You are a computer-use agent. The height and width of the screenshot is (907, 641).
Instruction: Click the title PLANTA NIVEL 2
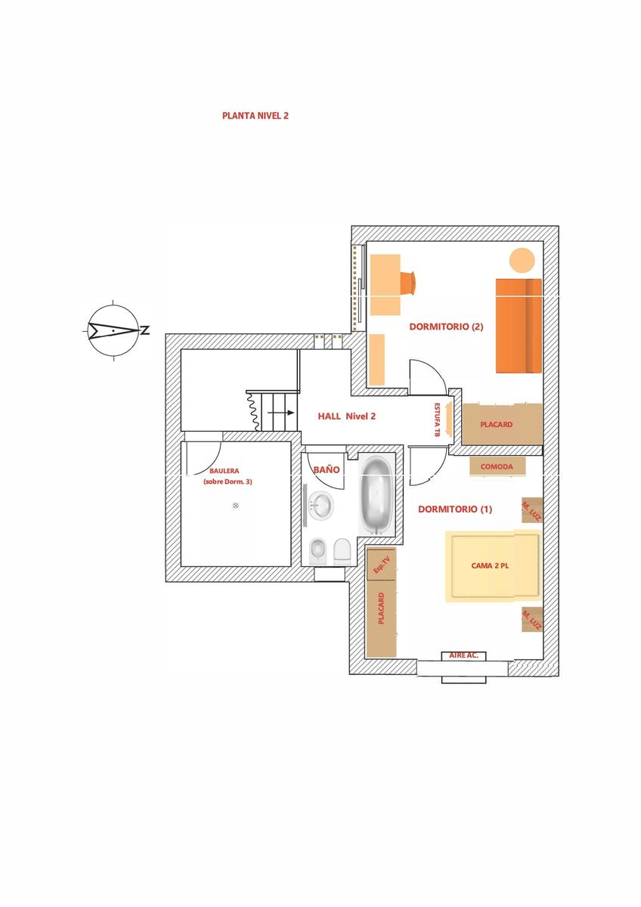[x=255, y=116]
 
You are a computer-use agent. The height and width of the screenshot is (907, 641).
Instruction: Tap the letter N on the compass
[x=145, y=330]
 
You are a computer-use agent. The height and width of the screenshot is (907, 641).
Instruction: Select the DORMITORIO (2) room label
[x=446, y=327]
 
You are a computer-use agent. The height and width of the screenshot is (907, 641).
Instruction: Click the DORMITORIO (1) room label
[x=455, y=509]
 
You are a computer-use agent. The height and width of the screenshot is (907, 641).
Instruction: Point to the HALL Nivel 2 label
[x=347, y=416]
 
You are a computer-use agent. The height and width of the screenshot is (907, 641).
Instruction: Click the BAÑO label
[x=327, y=469]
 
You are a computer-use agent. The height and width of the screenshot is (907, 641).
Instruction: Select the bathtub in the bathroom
[x=376, y=495]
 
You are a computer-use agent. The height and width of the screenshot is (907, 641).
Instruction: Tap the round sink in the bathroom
[x=320, y=505]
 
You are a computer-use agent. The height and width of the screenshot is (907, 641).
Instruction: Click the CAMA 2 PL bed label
[x=490, y=565]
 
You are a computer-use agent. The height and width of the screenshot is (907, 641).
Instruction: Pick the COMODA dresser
[x=497, y=466]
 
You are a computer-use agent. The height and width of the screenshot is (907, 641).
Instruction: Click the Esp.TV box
[x=381, y=564]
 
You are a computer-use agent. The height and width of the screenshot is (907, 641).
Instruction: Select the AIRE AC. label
[x=463, y=655]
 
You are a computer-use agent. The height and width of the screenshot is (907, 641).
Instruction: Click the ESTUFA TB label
[x=437, y=419]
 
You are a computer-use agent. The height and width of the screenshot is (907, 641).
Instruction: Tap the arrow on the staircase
[x=280, y=413]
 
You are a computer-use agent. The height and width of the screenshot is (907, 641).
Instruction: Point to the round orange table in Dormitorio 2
[x=522, y=261]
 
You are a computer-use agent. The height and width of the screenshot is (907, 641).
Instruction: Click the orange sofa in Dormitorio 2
[x=519, y=326]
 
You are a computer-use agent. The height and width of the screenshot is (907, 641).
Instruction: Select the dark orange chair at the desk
[x=407, y=281]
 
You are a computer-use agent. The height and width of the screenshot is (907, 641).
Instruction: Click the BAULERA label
[x=225, y=471]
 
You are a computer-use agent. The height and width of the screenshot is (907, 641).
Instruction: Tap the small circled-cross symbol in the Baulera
[x=236, y=506]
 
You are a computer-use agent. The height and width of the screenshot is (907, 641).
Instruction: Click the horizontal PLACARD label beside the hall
[x=497, y=424]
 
